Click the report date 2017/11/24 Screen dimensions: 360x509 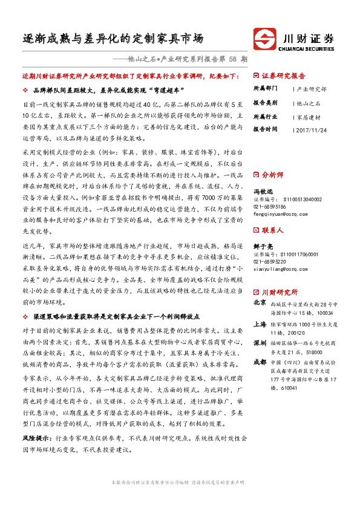tap(313, 129)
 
